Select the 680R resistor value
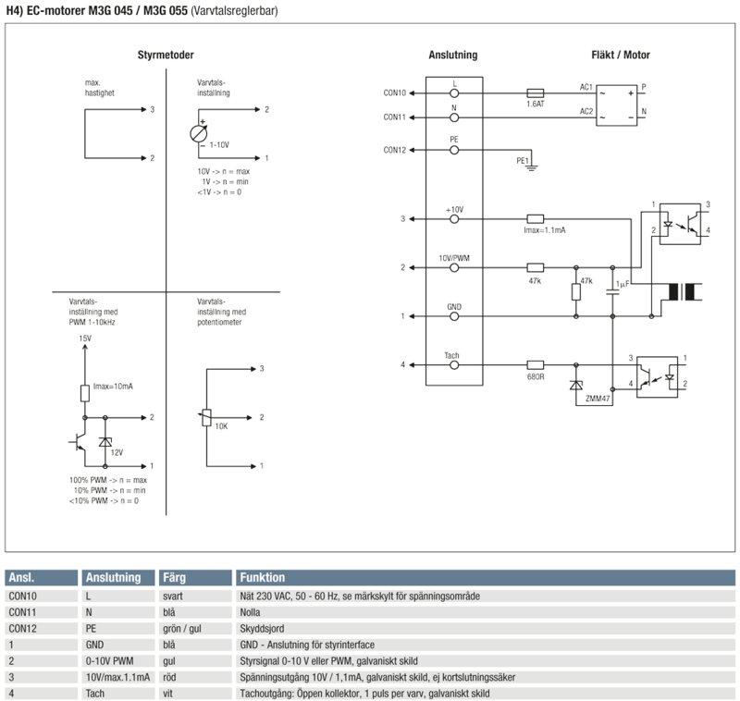pyautogui.click(x=535, y=376)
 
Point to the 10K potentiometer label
pyautogui.click(x=220, y=426)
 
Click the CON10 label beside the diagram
pyautogui.click(x=394, y=92)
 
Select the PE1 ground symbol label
pyautogui.click(x=523, y=160)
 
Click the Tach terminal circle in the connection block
pyautogui.click(x=454, y=365)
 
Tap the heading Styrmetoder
pyautogui.click(x=166, y=55)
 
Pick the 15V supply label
pyautogui.click(x=84, y=339)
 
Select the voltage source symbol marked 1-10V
pyautogui.click(x=199, y=132)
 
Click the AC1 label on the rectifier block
pyautogui.click(x=586, y=87)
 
